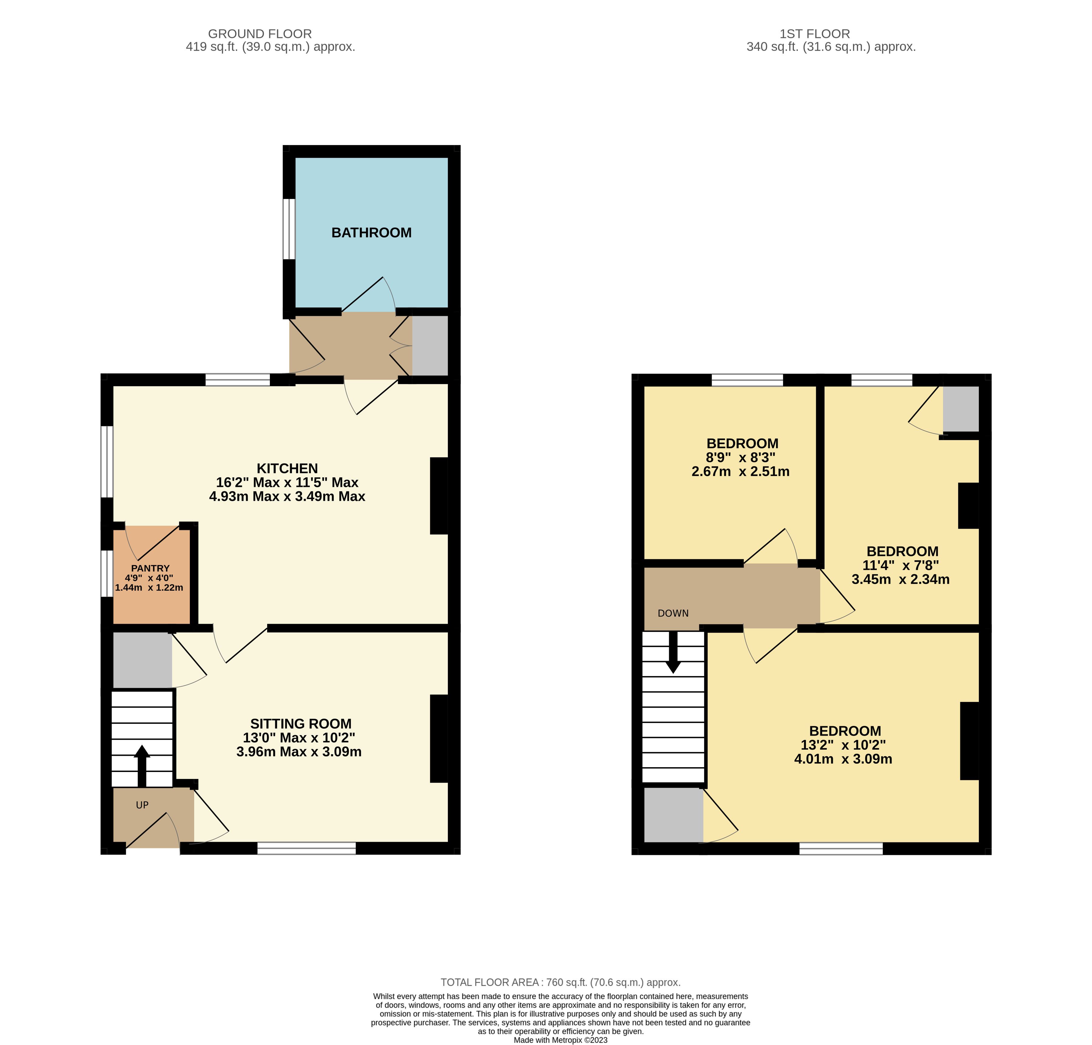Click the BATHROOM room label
(x=371, y=233)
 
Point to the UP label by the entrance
(x=142, y=805)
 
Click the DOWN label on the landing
(x=673, y=613)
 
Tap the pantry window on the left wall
(x=107, y=574)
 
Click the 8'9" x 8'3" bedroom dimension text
(x=741, y=457)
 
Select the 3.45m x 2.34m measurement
(x=900, y=579)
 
